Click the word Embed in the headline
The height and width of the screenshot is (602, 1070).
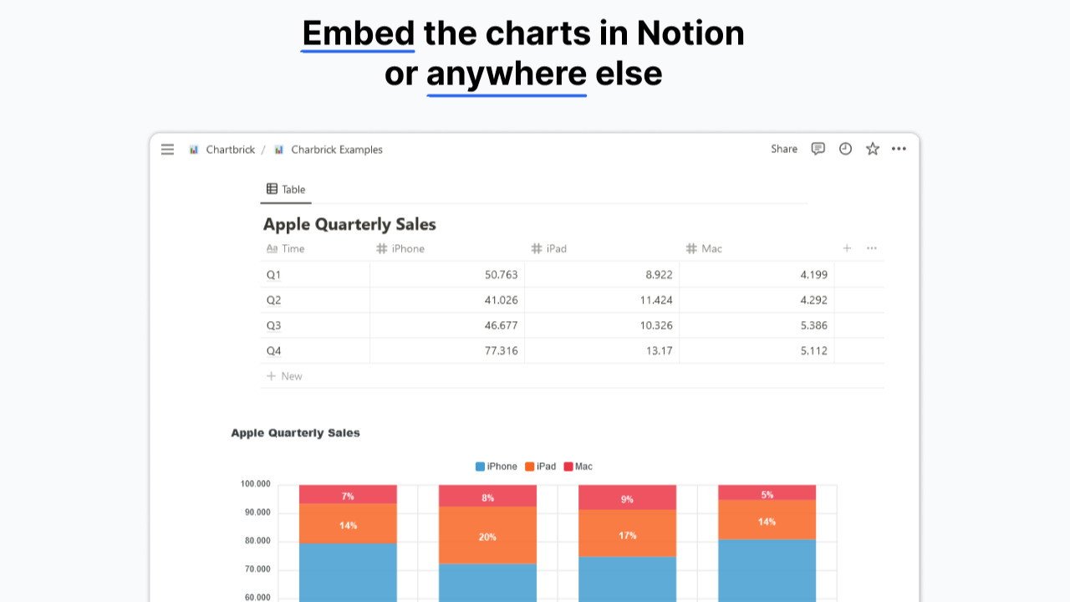coord(358,33)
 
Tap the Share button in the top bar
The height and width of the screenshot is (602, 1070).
coord(784,149)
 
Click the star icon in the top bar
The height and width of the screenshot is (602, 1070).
coord(873,149)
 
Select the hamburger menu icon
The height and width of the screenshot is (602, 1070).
coord(168,150)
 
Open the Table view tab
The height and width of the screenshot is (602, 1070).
coord(286,190)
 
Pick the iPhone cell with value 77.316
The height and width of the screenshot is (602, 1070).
coord(501,351)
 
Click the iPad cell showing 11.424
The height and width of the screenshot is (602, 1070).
coord(655,300)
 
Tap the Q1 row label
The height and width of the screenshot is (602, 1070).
coord(274,275)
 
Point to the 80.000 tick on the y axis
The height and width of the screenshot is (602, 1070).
coord(257,541)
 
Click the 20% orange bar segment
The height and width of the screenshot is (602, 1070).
coord(487,535)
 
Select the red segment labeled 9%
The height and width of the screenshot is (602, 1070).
coord(627,498)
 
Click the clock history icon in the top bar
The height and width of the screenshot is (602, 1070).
coord(845,149)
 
